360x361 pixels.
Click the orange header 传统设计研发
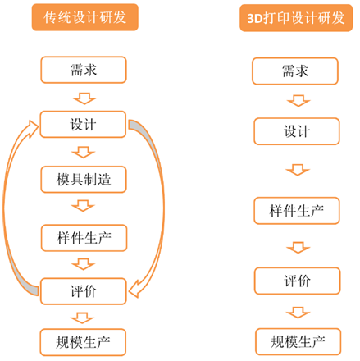tap(85, 17)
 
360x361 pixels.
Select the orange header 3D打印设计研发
tap(296, 18)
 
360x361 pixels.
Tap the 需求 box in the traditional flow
tap(84, 70)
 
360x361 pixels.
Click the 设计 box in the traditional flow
tap(83, 124)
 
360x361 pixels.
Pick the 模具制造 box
tap(84, 180)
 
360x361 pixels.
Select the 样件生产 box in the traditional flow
tap(84, 238)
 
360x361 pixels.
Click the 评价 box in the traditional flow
tap(84, 291)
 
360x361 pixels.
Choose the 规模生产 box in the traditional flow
tap(83, 342)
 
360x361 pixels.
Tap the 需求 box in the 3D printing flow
tap(295, 71)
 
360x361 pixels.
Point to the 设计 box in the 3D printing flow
tap(297, 131)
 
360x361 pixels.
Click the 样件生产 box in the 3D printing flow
tap(297, 211)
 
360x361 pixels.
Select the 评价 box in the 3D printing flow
tap(297, 281)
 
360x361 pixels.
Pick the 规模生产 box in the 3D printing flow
tap(298, 342)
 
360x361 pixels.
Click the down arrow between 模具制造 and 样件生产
tap(83, 206)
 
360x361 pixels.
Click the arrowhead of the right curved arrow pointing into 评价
tap(134, 289)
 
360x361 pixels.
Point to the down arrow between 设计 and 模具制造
tap(84, 152)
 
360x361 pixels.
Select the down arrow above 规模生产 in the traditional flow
tap(82, 318)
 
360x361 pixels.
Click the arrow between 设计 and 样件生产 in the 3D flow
tap(298, 170)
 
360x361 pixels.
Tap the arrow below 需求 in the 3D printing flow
tap(298, 101)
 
